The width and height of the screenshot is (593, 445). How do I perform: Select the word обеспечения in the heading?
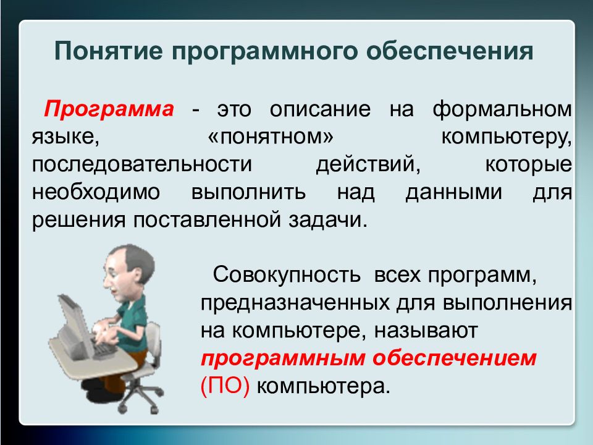450,51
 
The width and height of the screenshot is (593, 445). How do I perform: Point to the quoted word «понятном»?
271,137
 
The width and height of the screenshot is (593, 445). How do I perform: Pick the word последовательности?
142,164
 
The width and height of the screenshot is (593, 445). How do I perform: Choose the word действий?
368,164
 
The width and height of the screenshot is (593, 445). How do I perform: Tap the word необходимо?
96,192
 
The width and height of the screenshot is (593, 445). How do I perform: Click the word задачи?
328,220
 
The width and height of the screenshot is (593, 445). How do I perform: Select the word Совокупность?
286,274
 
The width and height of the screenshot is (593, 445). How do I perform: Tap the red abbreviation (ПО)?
225,386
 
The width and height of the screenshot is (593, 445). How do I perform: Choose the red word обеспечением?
454,358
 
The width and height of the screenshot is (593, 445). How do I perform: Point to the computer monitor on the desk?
74,321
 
